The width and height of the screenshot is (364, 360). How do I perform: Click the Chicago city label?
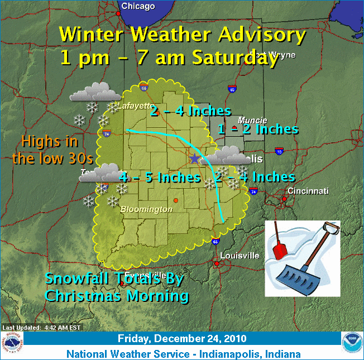138,6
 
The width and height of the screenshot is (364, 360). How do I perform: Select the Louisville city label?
240,256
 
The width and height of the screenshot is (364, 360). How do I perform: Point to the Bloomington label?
146,209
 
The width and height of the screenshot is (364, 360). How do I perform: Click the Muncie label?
252,121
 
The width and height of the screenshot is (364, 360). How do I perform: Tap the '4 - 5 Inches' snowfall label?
160,177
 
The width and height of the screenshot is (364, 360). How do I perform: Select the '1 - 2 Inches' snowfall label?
257,129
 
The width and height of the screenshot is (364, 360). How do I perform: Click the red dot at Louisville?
217,262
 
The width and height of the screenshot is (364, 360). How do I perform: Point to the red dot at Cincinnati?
284,198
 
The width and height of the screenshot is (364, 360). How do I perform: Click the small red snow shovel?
279,246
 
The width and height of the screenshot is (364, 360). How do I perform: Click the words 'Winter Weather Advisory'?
183,35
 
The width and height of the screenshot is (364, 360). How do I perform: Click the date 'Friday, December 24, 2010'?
183,339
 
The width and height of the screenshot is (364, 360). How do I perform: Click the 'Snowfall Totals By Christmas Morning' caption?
116,287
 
